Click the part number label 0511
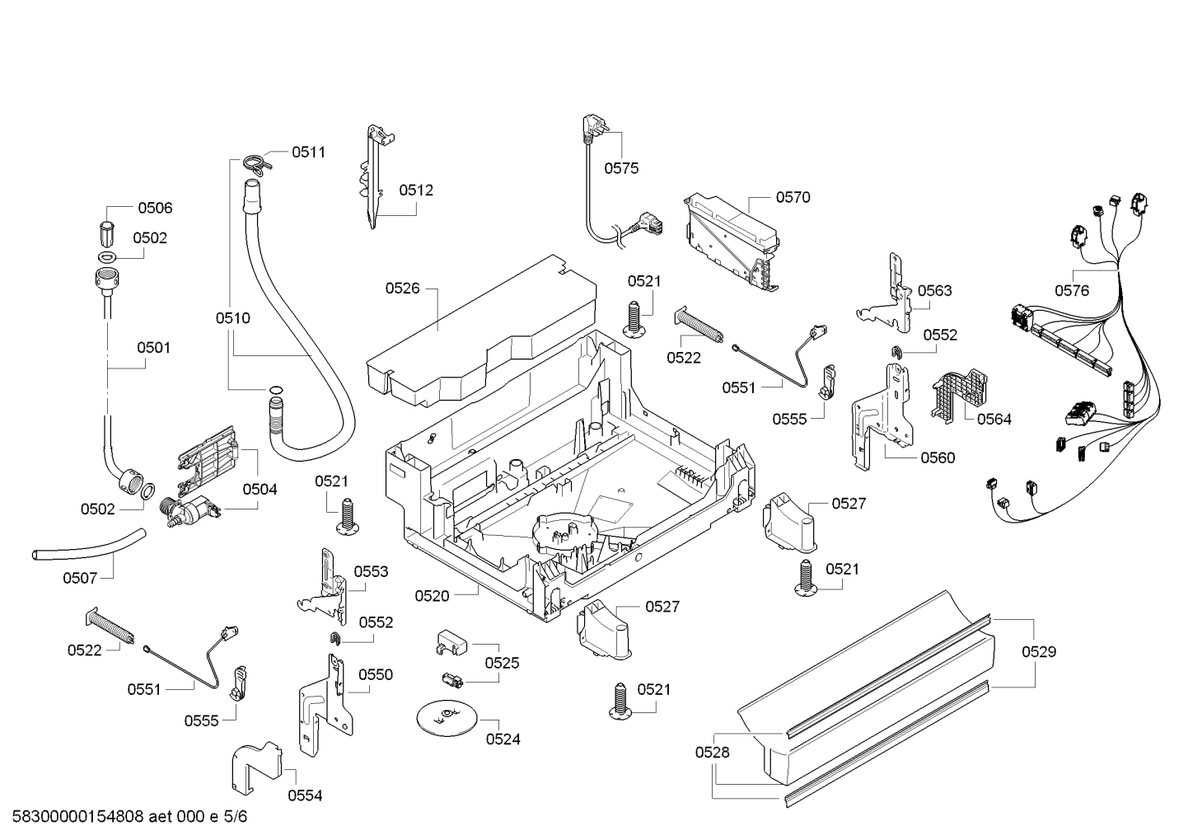(308, 153)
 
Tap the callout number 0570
(793, 197)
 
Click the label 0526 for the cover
(402, 289)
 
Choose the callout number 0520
(432, 596)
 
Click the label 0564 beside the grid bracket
(994, 420)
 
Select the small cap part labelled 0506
(108, 233)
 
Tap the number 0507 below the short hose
(80, 578)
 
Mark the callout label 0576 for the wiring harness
(1071, 290)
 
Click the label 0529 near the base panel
(1039, 651)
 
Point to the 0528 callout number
(713, 752)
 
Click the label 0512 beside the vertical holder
(416, 190)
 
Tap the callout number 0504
(260, 489)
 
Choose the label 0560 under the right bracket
(938, 458)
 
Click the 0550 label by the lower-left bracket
(376, 674)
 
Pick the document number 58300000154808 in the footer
(77, 816)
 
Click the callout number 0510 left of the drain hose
(232, 318)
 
